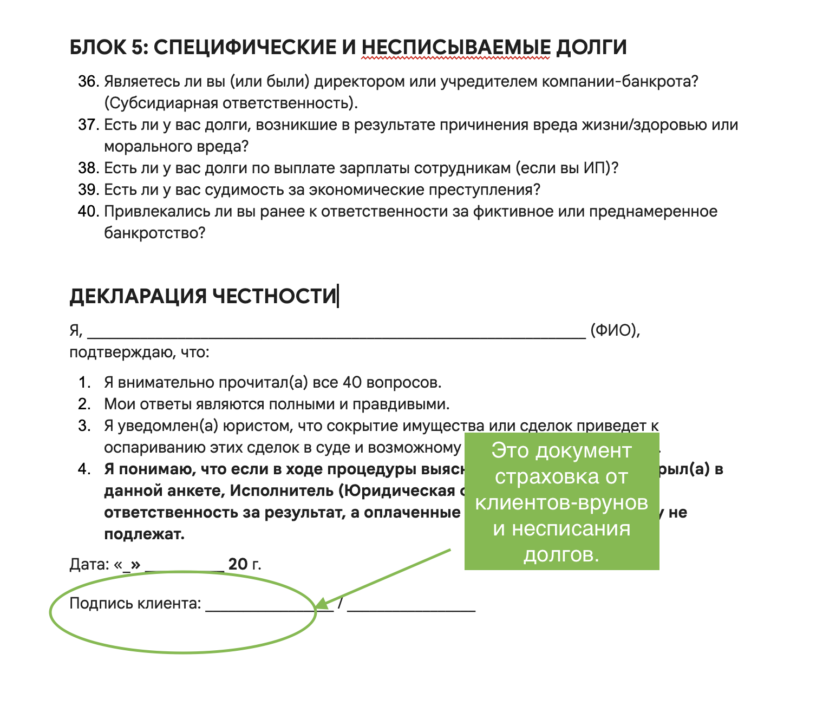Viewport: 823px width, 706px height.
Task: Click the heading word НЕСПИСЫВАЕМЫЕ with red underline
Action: [x=456, y=48]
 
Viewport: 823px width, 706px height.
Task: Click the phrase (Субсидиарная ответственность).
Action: [x=231, y=103]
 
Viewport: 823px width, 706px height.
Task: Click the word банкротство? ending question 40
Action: [x=155, y=233]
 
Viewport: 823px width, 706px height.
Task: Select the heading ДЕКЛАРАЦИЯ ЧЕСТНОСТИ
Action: [x=203, y=296]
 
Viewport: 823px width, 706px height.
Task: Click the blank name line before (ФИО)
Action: [x=336, y=331]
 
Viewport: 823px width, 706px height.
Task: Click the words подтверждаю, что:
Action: [x=139, y=352]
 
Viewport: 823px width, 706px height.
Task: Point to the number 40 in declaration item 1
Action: [x=352, y=383]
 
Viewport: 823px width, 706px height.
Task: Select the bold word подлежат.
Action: [x=144, y=534]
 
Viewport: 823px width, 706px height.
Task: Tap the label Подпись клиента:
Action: [x=135, y=603]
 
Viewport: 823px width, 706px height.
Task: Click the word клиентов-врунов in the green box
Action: [x=561, y=502]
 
